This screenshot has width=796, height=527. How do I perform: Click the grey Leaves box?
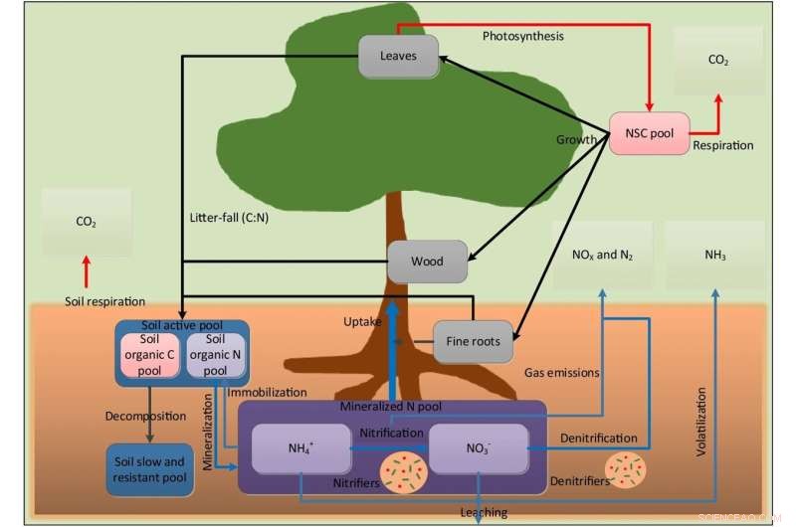click(399, 57)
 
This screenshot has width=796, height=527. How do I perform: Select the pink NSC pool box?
click(649, 133)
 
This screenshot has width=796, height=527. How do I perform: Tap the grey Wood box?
click(426, 262)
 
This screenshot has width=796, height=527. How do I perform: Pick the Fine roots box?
click(472, 341)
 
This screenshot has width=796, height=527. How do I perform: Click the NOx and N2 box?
click(602, 256)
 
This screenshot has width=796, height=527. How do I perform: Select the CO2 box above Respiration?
click(717, 61)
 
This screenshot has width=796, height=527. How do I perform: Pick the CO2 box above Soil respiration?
click(87, 223)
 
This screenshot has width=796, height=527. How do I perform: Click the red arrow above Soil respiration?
click(87, 270)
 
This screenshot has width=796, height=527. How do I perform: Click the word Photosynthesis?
click(522, 37)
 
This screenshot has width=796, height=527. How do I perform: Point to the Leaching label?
click(484, 512)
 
